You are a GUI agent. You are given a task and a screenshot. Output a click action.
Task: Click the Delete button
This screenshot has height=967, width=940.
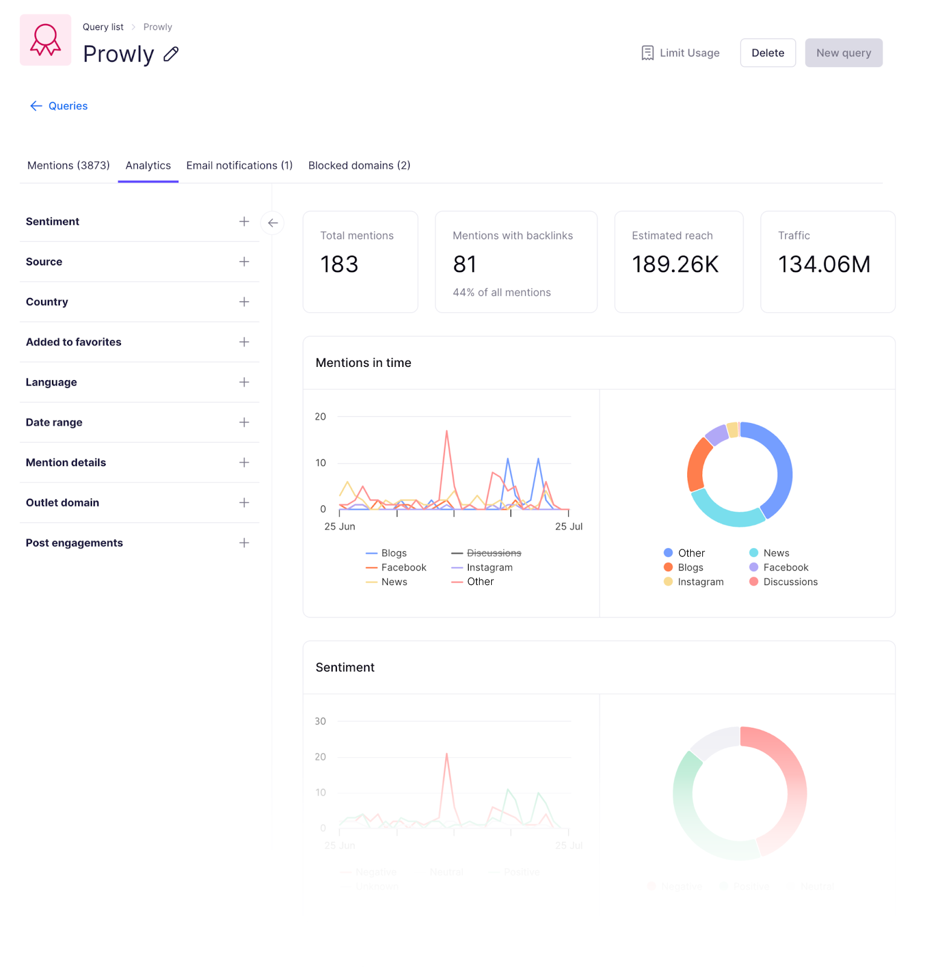tap(768, 53)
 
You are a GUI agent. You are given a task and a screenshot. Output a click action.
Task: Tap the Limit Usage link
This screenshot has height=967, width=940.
tap(681, 53)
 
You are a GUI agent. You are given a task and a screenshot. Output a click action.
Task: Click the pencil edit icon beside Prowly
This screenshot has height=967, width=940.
tap(171, 54)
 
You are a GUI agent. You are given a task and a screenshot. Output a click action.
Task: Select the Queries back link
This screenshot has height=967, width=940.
tap(59, 106)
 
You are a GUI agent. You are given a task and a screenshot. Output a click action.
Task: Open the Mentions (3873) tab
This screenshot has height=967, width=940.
tap(68, 166)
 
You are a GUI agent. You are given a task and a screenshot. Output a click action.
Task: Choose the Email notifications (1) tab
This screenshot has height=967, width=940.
tap(239, 166)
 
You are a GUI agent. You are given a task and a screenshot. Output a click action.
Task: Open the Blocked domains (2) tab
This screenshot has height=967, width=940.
tap(359, 166)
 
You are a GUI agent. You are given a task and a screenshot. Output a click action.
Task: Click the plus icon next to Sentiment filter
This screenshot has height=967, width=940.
tap(244, 222)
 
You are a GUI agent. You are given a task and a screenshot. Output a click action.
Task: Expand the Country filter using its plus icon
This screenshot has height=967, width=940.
tap(244, 302)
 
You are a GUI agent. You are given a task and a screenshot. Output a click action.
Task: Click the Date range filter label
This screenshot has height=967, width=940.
tap(54, 422)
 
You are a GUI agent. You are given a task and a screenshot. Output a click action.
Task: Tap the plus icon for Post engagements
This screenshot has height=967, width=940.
tap(244, 543)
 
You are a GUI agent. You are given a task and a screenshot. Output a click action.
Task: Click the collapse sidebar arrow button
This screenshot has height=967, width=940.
tap(273, 223)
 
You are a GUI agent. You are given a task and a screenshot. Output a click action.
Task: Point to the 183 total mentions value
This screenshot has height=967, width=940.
tap(339, 264)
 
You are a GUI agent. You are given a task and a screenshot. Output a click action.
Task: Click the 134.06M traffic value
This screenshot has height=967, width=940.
tap(824, 264)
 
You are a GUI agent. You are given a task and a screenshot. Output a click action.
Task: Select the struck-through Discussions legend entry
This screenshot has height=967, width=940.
tap(494, 553)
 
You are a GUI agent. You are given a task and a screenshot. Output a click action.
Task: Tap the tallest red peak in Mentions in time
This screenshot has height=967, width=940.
tap(446, 432)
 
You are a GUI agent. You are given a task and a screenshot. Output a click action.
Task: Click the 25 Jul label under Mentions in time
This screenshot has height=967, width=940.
tap(569, 526)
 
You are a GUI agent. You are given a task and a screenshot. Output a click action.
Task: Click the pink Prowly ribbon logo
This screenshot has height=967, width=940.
tap(45, 40)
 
